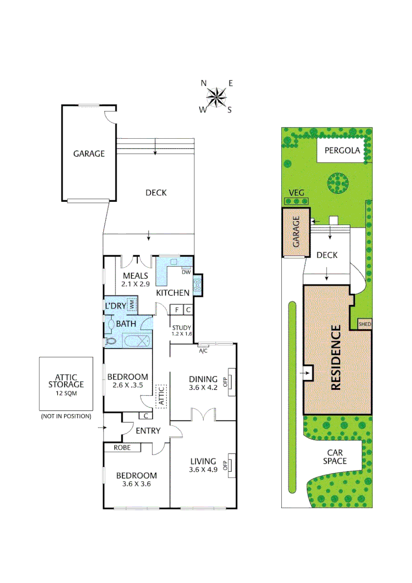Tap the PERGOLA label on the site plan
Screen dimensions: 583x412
tap(342, 151)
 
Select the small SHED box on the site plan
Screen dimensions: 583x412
tap(365, 324)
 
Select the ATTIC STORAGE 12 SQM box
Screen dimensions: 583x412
tap(66, 384)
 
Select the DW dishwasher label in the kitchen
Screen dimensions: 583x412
tap(186, 272)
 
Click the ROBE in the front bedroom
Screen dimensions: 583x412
tap(122, 448)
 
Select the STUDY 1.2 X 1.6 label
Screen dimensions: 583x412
tap(181, 330)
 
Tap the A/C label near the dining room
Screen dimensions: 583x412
tap(203, 350)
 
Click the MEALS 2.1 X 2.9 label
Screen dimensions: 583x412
tap(134, 280)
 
